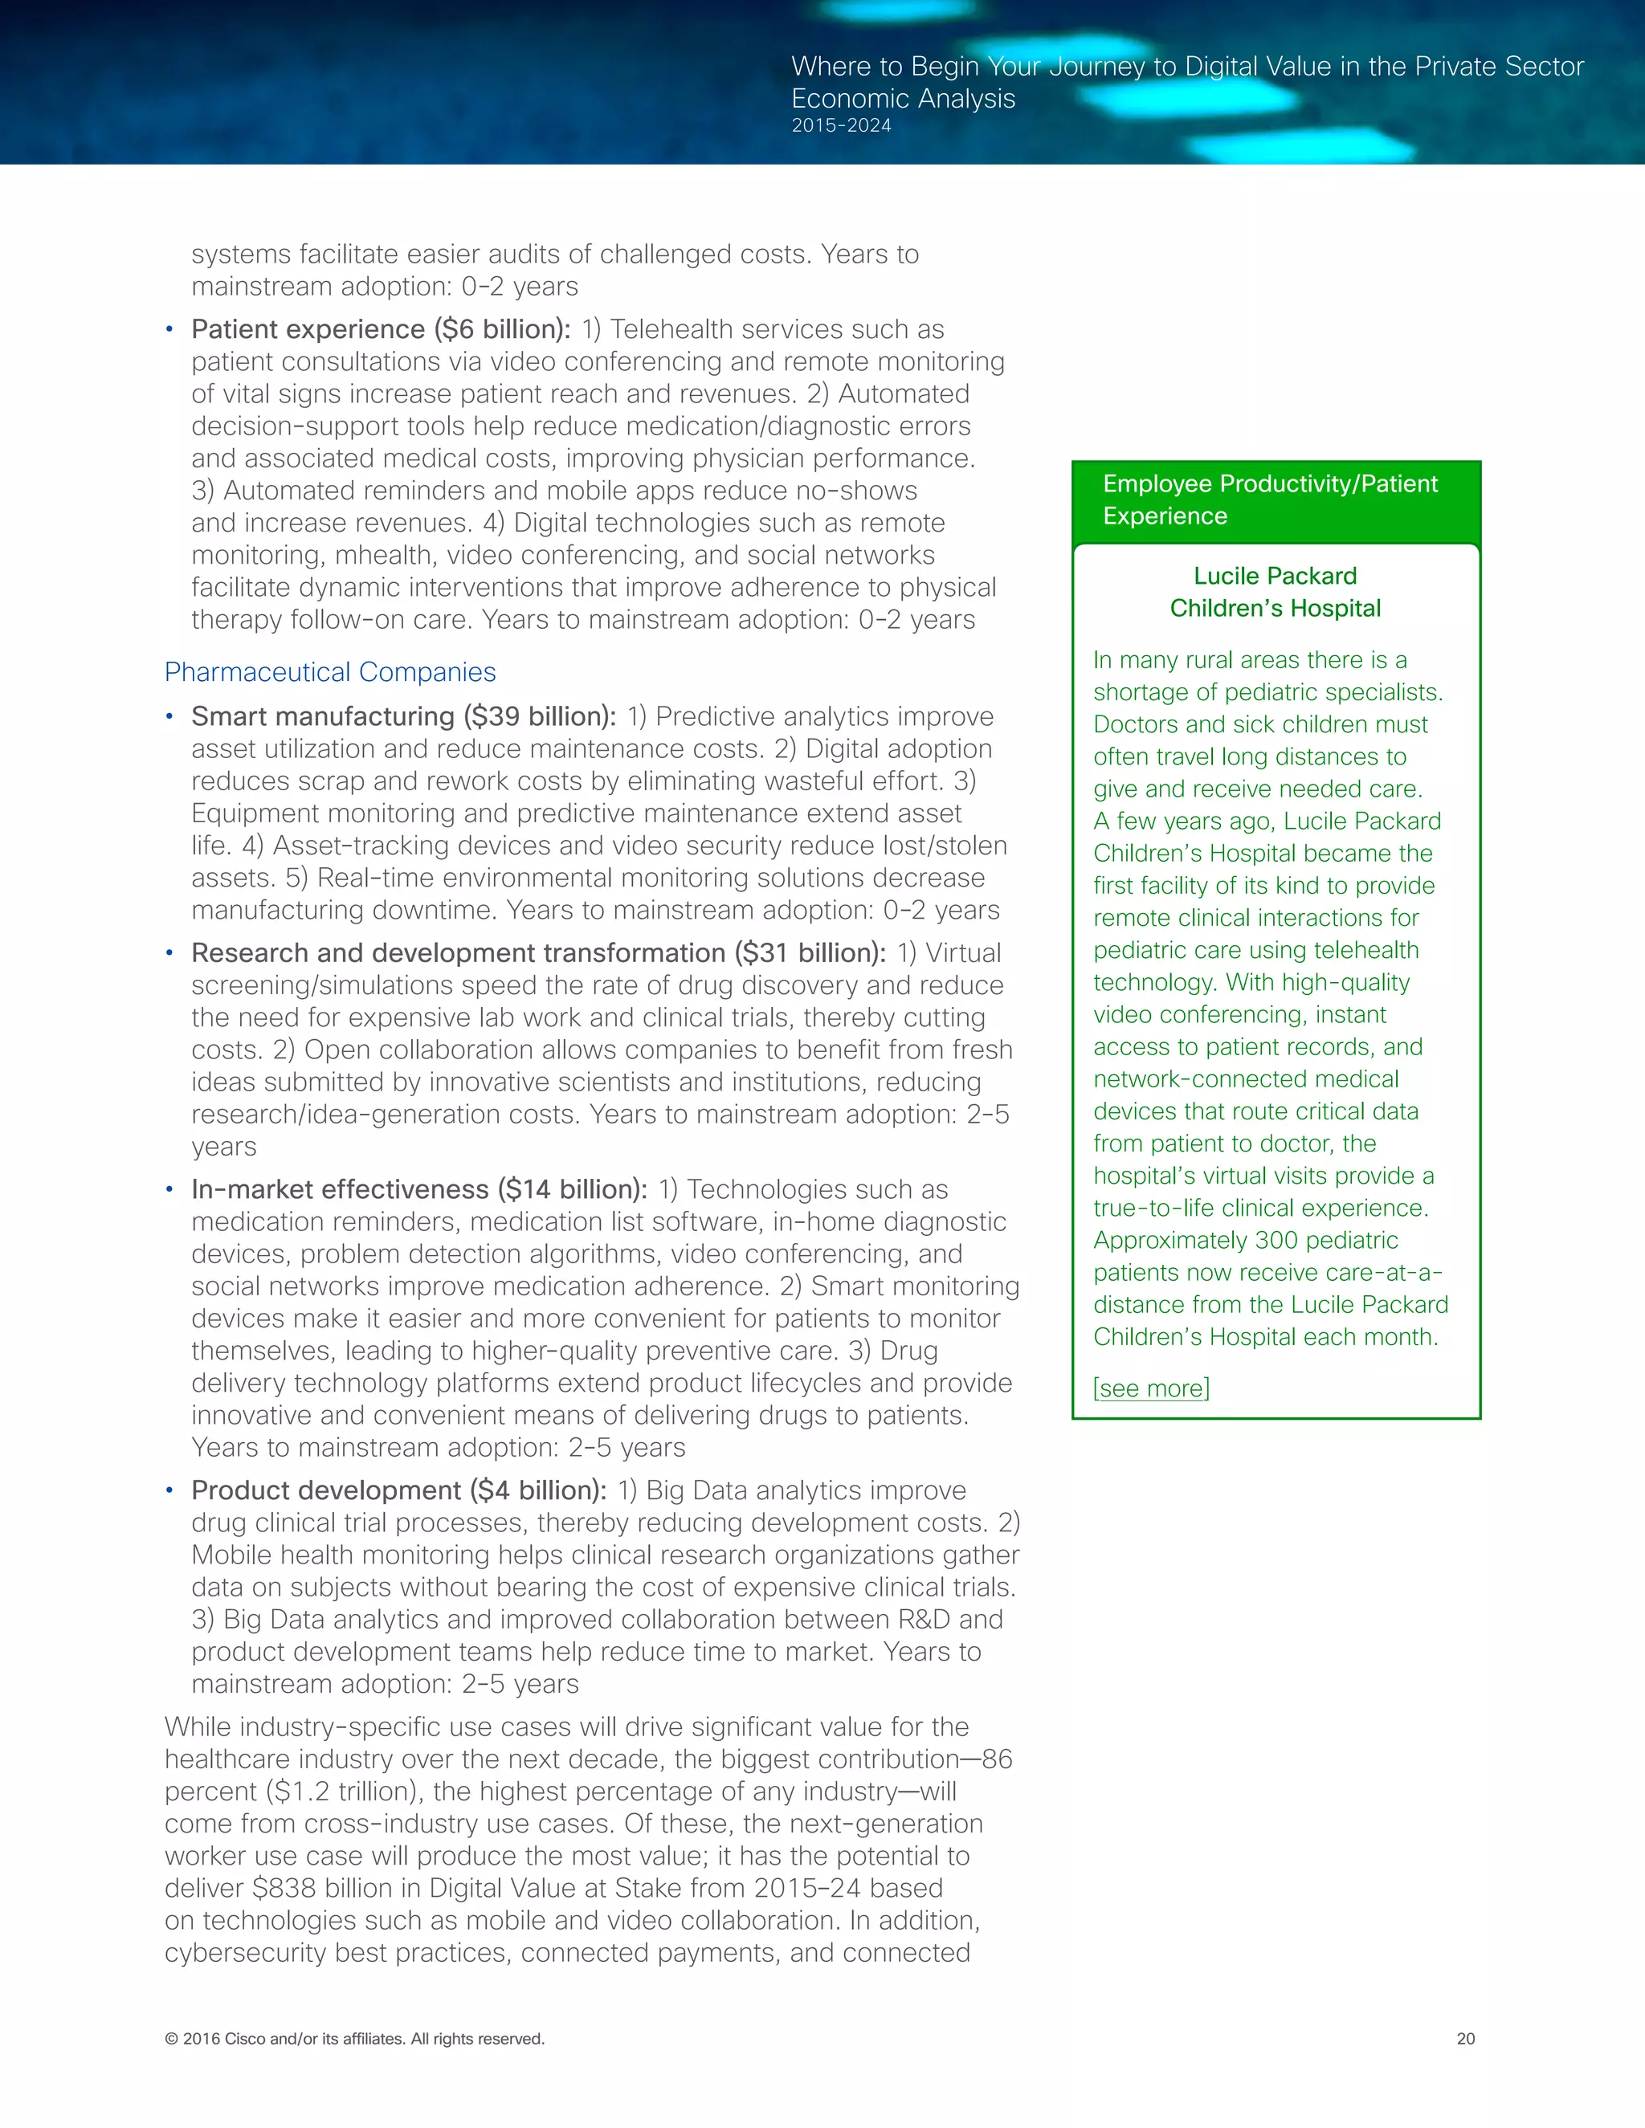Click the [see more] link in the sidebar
(x=1151, y=1388)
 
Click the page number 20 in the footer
(x=1466, y=2038)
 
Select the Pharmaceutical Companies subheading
(x=329, y=672)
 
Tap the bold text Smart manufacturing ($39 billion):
(x=403, y=716)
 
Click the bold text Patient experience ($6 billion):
(x=381, y=329)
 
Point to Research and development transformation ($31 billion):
(x=538, y=953)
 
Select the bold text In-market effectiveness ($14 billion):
(x=419, y=1190)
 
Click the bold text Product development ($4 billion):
(x=398, y=1490)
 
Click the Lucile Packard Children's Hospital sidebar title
(x=1275, y=593)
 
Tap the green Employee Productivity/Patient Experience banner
(x=1275, y=499)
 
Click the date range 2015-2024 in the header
(x=841, y=126)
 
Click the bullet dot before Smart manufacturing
(x=169, y=717)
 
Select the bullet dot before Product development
(x=169, y=1490)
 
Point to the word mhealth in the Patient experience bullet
(x=383, y=556)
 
